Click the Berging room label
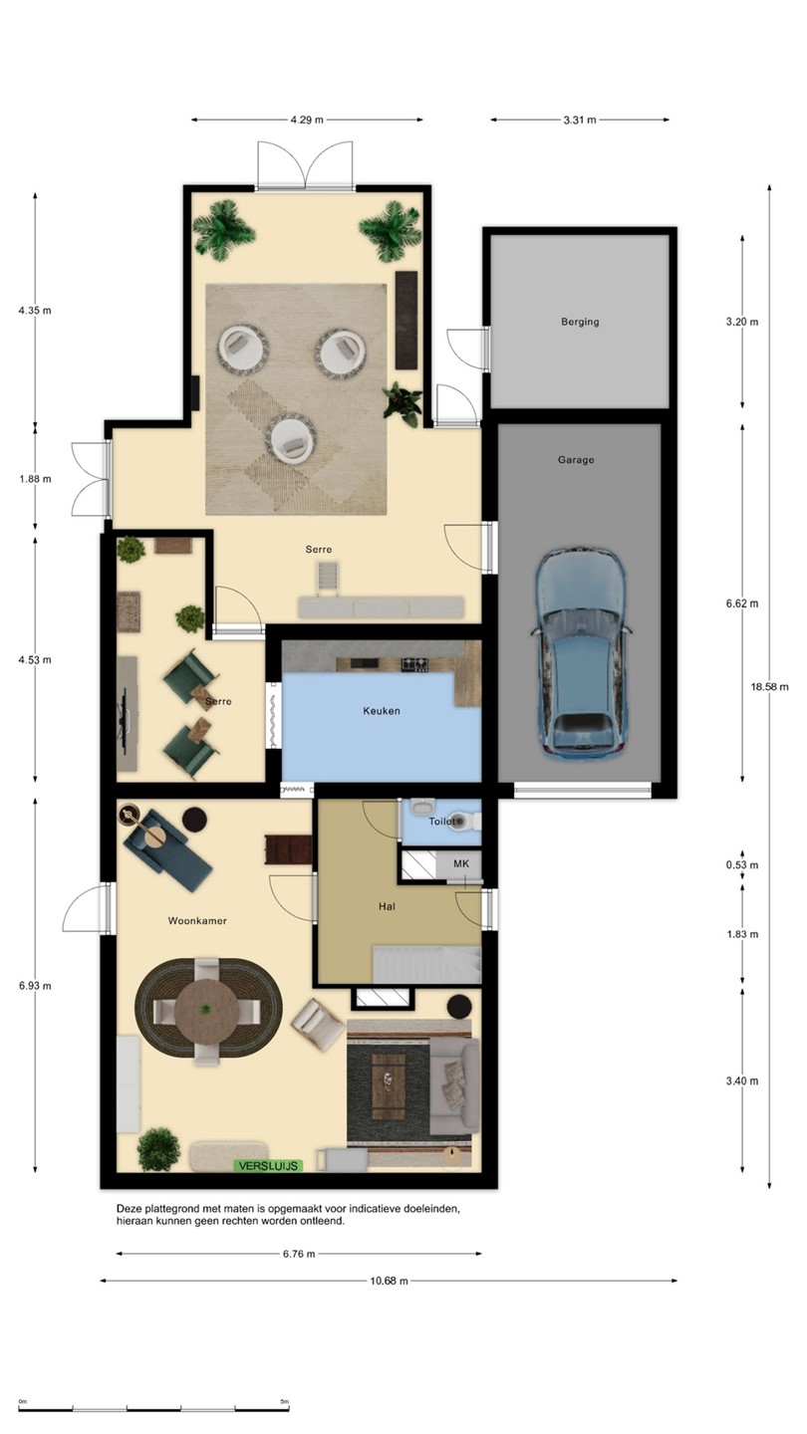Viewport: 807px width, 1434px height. [x=580, y=322]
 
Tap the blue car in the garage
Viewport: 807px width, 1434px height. [x=581, y=653]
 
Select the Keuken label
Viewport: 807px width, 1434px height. [x=381, y=711]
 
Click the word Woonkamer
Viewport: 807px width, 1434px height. [x=197, y=921]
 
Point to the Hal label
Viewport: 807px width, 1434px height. [x=387, y=906]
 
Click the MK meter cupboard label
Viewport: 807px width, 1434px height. [x=461, y=864]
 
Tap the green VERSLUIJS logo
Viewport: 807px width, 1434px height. [x=268, y=1166]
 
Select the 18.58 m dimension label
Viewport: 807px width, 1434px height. [x=770, y=687]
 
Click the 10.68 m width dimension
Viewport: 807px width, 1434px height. [x=389, y=1281]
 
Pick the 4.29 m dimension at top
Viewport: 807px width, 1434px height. [x=307, y=119]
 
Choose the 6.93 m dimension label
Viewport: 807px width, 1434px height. [x=35, y=986]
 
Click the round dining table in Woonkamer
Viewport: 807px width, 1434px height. [x=207, y=1010]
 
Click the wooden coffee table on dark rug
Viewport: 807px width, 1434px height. [x=389, y=1087]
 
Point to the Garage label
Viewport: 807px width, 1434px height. [x=576, y=460]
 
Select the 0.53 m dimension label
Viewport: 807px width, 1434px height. [x=742, y=865]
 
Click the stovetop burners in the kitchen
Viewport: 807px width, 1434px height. [x=414, y=664]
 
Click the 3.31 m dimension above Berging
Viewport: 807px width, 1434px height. [x=580, y=119]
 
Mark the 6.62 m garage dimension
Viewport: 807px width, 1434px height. [x=742, y=603]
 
